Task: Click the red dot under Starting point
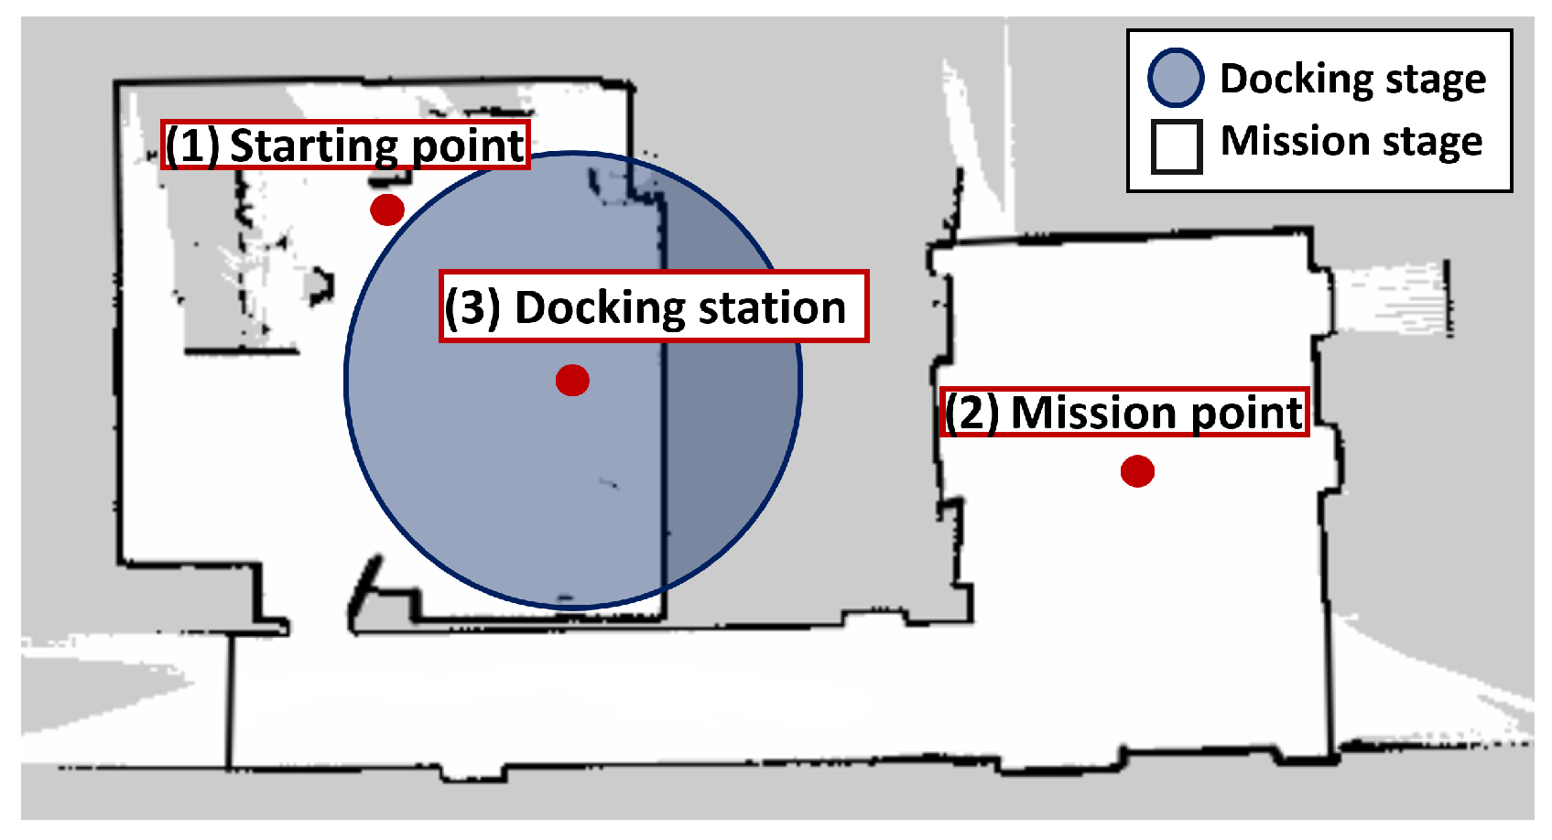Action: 387,210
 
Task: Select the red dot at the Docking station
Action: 572,380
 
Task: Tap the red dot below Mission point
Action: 1137,471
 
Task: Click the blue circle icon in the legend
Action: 1176,78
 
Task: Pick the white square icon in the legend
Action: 1176,146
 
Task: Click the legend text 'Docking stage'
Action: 1352,80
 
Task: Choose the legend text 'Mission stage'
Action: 1351,143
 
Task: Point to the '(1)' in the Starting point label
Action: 192,145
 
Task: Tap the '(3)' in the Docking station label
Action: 472,307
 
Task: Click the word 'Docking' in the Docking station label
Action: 600,308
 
